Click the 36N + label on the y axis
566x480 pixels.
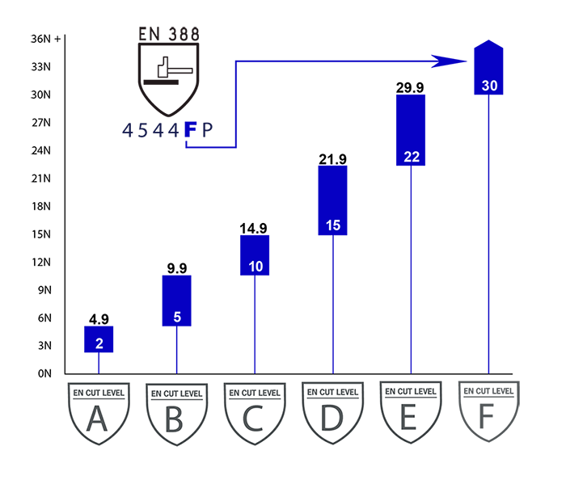coord(46,39)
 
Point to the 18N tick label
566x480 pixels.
coord(40,206)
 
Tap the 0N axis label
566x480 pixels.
coord(44,373)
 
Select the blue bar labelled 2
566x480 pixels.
coord(99,339)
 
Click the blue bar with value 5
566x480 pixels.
coord(177,301)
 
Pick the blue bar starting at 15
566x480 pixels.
coord(333,200)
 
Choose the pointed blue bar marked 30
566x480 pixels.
coord(488,67)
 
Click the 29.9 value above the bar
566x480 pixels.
coord(410,87)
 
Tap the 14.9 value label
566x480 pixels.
coord(254,228)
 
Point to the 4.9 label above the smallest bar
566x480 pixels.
coord(99,319)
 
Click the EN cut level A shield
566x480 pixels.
coord(99,414)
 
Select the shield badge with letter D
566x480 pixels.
coord(333,413)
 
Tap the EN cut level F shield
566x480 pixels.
coord(488,411)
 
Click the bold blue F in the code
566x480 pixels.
coord(190,130)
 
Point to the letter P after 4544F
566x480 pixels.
coord(207,130)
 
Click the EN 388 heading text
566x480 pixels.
coord(169,34)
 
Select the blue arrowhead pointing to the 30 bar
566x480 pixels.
coord(449,61)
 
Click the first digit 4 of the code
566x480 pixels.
coord(128,130)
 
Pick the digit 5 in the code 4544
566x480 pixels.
coord(143,130)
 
